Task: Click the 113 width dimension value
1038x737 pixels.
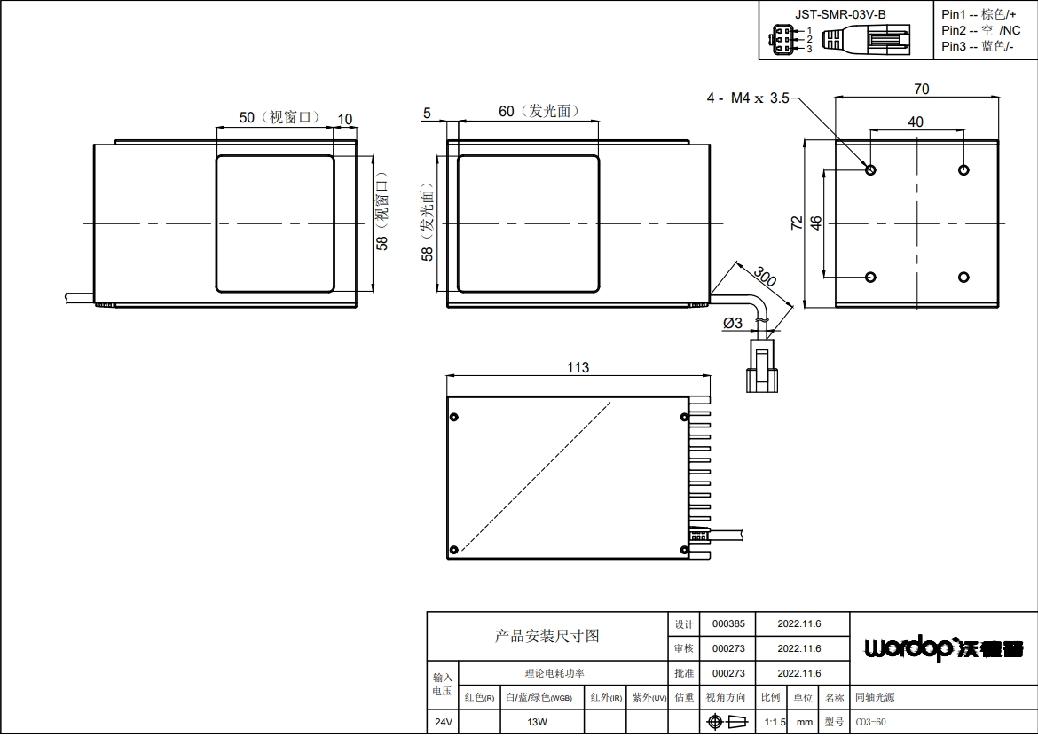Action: tap(578, 367)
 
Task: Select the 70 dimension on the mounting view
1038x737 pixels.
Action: tap(922, 89)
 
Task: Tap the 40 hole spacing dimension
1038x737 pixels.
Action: tap(916, 122)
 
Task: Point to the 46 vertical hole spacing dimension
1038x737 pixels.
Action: tap(816, 223)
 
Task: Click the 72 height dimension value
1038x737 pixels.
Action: tap(797, 223)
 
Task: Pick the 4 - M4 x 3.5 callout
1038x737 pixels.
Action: tap(748, 98)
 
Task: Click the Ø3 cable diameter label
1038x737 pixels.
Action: tap(733, 323)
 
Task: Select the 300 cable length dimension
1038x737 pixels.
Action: tap(765, 277)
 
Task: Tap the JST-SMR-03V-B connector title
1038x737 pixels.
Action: tap(840, 14)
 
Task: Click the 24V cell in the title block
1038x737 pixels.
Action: tap(443, 722)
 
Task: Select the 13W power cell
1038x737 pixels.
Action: tap(537, 722)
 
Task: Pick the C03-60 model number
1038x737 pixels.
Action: tap(870, 722)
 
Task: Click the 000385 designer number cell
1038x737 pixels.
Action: tap(728, 623)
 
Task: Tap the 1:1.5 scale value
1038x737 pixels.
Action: tap(775, 722)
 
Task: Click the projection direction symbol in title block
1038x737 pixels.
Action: tap(727, 722)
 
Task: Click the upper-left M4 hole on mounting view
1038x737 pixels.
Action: tap(870, 170)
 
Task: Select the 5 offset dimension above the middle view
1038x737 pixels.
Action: tap(427, 114)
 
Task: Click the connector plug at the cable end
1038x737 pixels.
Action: tap(762, 365)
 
